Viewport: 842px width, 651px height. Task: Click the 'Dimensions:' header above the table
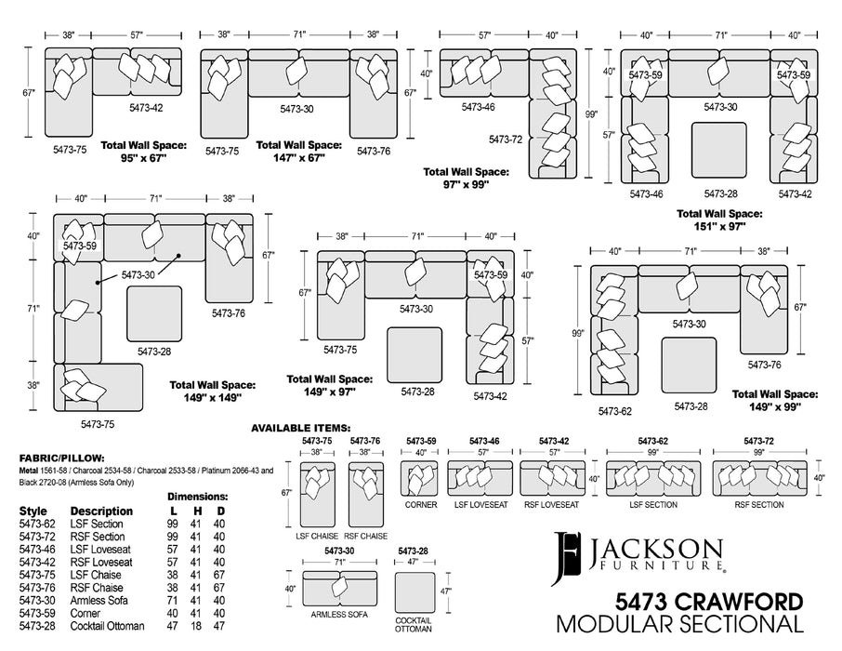[x=197, y=497]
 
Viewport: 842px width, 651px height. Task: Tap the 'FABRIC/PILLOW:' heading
[x=61, y=458]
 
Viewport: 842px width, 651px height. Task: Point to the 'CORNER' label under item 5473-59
[x=420, y=505]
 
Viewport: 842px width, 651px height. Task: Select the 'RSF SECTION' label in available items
[x=759, y=505]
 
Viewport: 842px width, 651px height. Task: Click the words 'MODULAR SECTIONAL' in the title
[x=679, y=623]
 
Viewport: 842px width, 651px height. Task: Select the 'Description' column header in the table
[x=101, y=511]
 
